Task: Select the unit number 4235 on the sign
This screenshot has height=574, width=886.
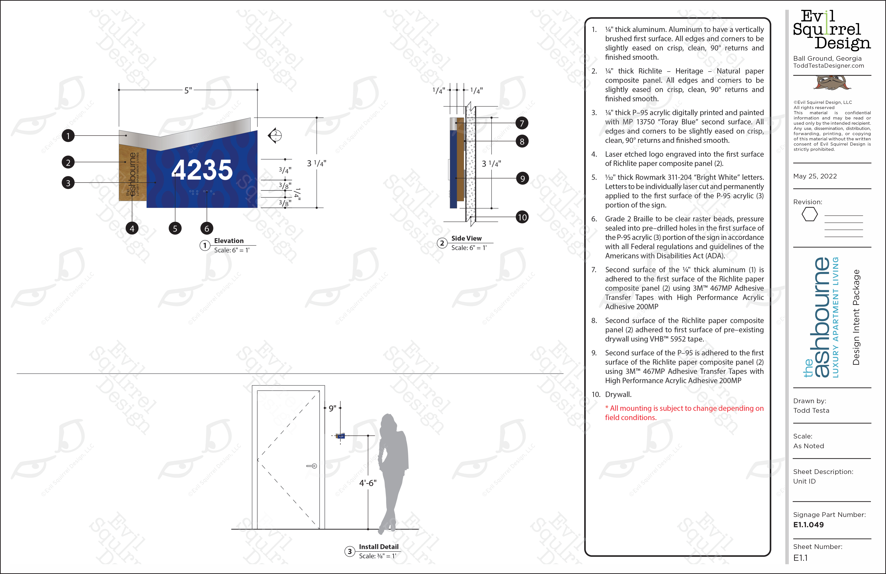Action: point(202,170)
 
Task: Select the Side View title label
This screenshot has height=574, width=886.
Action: point(466,238)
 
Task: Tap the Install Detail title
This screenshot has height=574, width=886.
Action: point(379,547)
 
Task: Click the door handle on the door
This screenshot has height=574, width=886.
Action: point(312,466)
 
